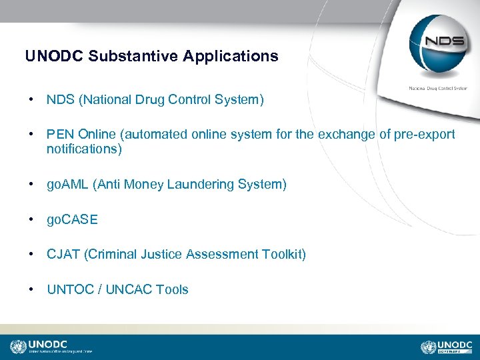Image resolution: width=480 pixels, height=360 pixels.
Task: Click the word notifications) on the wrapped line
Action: pos(84,149)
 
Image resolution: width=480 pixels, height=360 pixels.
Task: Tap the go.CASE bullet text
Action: pos(72,219)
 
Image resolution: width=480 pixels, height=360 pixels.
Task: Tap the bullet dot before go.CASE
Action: pos(32,219)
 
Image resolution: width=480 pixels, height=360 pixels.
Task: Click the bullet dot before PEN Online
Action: pos(32,135)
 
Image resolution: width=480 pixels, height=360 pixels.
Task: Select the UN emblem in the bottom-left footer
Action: pos(18,347)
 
